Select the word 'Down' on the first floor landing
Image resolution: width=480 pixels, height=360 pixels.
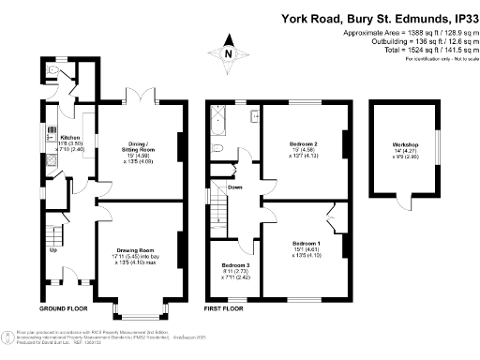coord(234,187)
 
